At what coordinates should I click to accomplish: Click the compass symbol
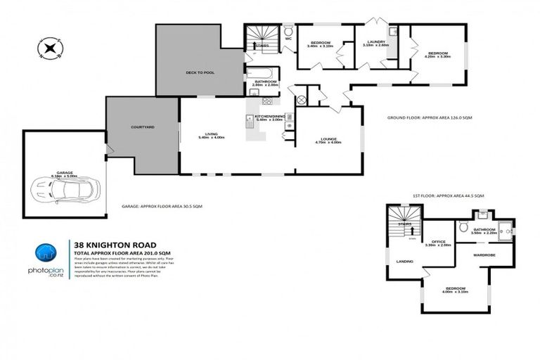[x=51, y=49]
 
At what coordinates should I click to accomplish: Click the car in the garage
[x=65, y=188]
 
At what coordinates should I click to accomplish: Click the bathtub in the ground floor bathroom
[x=262, y=72]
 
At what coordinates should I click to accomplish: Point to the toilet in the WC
[x=288, y=30]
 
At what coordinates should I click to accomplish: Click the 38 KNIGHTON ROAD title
[x=112, y=245]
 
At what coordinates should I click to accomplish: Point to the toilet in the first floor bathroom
[x=463, y=227]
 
